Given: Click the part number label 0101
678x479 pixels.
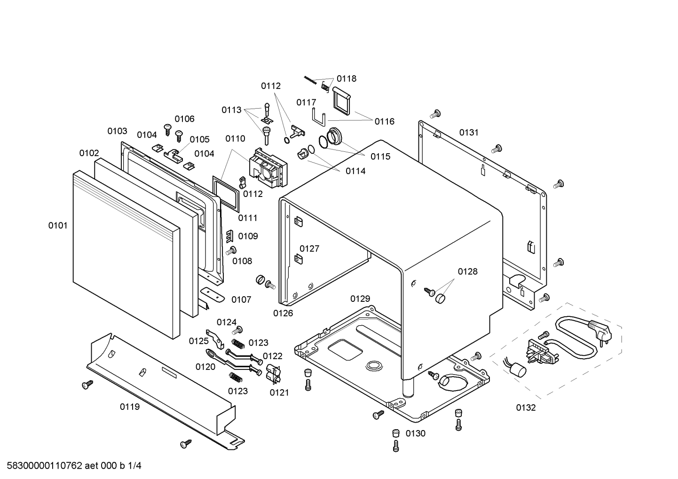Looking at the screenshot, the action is click(x=58, y=226).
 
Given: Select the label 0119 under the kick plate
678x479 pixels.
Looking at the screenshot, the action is click(x=130, y=407).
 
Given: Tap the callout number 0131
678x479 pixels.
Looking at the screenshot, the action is click(x=469, y=132).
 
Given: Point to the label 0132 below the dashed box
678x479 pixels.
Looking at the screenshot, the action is click(x=526, y=408).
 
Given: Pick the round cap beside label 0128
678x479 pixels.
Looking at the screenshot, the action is click(x=441, y=299).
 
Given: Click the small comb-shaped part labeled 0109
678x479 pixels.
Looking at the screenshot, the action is click(x=230, y=236).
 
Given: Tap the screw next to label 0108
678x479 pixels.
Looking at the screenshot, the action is click(x=231, y=251).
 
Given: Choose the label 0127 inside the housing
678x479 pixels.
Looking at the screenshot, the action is click(x=309, y=248).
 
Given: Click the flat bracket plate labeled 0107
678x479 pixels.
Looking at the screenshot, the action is click(x=212, y=295).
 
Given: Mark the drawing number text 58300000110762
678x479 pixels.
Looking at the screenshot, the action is click(x=45, y=466).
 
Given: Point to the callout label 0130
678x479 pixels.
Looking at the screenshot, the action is click(x=416, y=433).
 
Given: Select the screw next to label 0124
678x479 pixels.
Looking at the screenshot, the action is click(x=237, y=330).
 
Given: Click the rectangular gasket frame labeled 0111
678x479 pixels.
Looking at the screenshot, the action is click(x=226, y=194).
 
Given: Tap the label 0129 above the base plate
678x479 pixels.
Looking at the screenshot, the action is click(x=360, y=298).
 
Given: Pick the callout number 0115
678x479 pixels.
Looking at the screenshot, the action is click(x=380, y=157).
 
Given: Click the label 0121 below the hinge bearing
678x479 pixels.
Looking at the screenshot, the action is click(x=279, y=393).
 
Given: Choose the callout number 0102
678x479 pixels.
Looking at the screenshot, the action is click(x=89, y=153).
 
